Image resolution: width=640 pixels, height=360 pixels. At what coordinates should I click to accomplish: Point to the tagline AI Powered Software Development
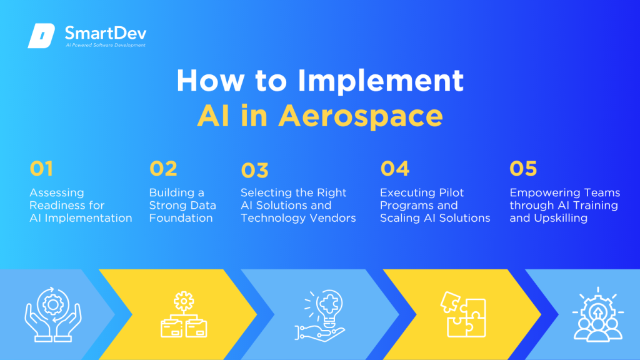[106, 46]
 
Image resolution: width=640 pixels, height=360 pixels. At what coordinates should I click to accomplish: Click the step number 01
[41, 169]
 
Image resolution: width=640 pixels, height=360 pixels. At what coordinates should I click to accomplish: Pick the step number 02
[163, 169]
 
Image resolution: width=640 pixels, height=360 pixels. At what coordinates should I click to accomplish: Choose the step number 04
[394, 169]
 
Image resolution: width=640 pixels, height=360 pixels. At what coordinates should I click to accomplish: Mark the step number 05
[523, 169]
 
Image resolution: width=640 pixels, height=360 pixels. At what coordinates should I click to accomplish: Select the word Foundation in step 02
[181, 218]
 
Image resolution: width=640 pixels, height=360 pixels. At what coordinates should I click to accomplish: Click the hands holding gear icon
[53, 314]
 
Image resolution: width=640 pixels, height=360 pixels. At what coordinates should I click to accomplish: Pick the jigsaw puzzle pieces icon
[463, 314]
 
